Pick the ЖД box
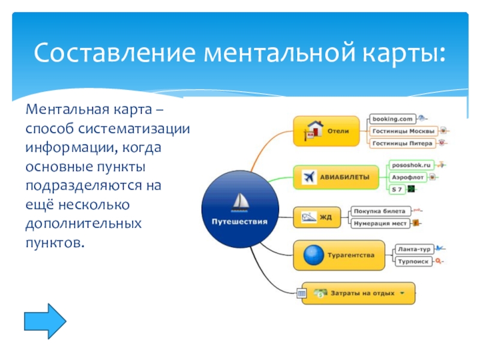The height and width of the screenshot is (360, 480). pyautogui.click(x=316, y=217)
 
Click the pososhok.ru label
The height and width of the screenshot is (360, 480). pyautogui.click(x=411, y=164)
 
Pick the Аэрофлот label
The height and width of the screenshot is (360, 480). pyautogui.click(x=407, y=177)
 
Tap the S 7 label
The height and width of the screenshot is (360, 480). pyautogui.click(x=397, y=190)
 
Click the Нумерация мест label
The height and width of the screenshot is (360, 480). pyautogui.click(x=380, y=223)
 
